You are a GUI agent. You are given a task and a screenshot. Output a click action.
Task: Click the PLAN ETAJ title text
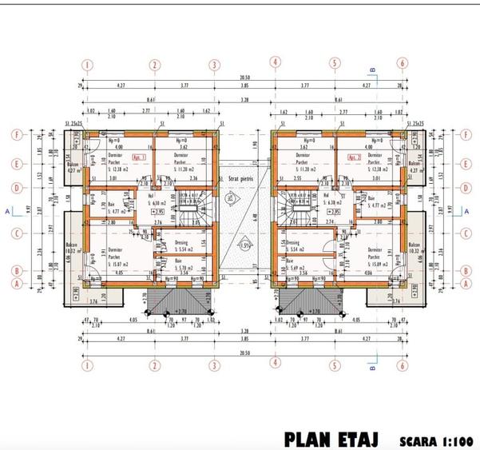[331, 440]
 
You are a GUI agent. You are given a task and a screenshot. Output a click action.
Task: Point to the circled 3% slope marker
[230, 195]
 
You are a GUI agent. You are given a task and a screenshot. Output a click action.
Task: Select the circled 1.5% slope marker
[243, 245]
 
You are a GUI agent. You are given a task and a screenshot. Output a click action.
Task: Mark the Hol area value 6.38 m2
[330, 203]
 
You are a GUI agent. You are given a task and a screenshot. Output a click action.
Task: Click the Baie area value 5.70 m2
[184, 269]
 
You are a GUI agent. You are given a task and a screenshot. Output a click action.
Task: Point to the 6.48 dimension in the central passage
[254, 214]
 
